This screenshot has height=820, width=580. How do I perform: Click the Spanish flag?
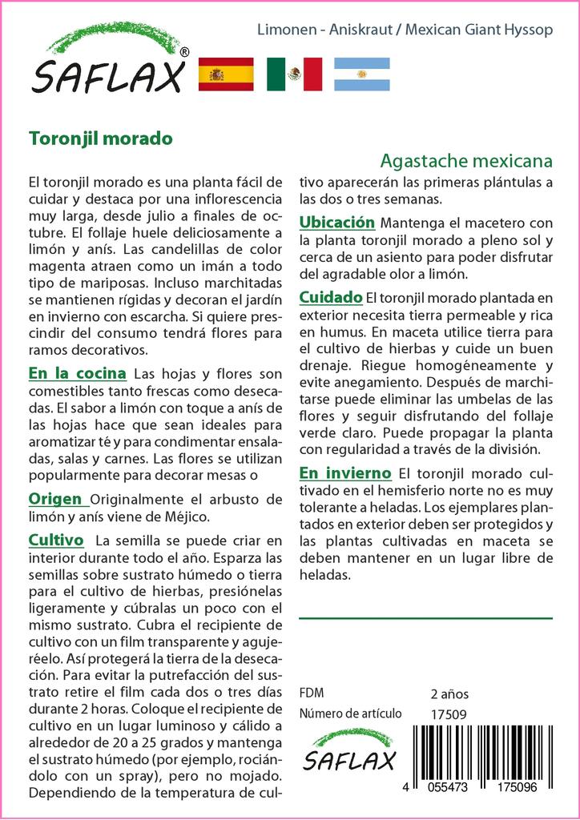226,74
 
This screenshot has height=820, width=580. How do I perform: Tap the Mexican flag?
294,74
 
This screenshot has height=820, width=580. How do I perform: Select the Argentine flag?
362,74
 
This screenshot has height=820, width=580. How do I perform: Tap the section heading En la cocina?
77,373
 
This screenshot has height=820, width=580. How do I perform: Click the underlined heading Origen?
58,499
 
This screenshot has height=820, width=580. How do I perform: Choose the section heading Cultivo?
56,540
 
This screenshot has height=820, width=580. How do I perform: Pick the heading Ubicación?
337,222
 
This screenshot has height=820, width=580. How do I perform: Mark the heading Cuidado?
331,297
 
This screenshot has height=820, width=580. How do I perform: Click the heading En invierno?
345,472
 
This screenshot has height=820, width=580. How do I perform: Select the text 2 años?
449,693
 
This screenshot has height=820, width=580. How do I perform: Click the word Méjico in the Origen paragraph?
183,515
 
